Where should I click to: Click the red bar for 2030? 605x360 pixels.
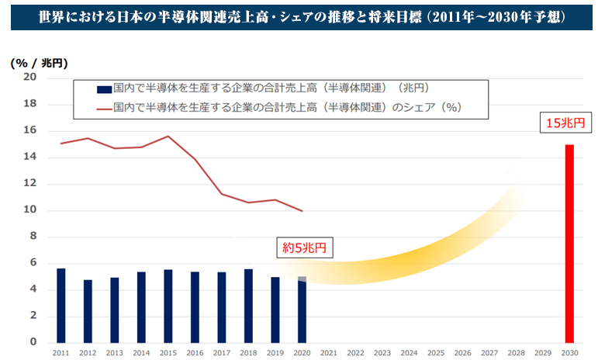coord(569,244)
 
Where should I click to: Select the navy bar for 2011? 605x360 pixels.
coord(61,306)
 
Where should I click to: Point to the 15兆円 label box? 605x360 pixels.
coord(570,122)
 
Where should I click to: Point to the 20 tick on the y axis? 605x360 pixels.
coord(30,78)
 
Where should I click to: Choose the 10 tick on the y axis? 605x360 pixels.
coord(30,210)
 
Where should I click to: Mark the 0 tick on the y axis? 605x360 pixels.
coord(33,342)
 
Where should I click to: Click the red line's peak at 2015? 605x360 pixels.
coord(168,137)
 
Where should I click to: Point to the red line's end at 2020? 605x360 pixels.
coord(302,210)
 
